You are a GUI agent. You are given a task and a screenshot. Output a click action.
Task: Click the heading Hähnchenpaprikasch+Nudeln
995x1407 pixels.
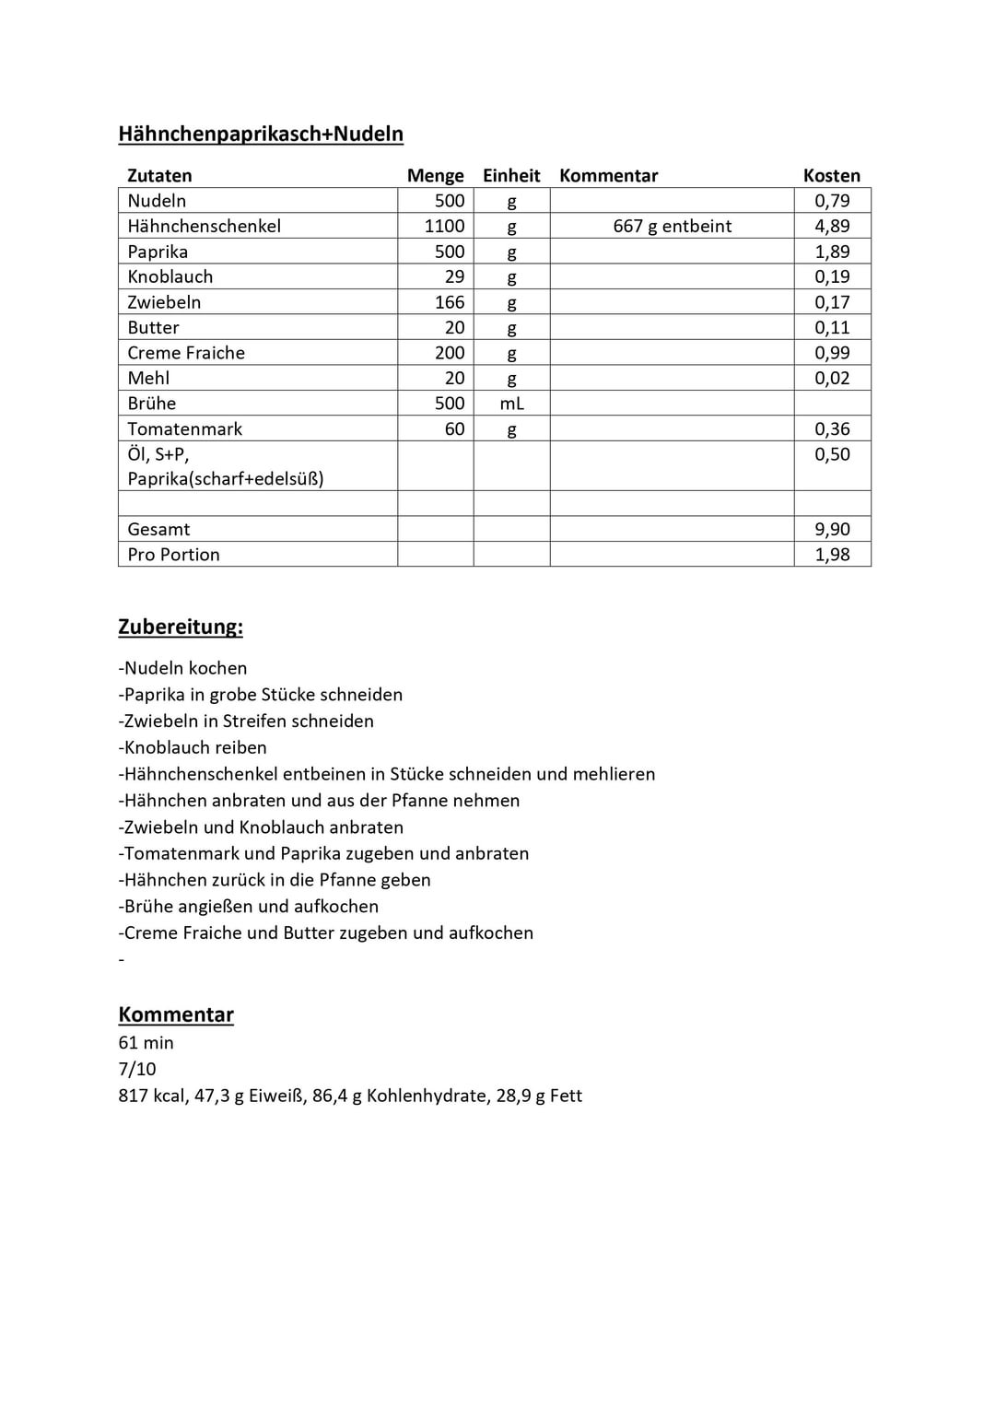261,135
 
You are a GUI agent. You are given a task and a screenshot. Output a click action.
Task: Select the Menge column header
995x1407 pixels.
435,176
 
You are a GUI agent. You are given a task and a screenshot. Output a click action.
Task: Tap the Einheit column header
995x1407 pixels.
511,176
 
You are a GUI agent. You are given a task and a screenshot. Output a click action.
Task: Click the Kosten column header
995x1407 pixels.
831,176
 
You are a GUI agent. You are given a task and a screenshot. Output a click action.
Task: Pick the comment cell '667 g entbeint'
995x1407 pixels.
672,227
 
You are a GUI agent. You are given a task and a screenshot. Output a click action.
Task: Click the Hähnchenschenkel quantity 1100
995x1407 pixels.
444,227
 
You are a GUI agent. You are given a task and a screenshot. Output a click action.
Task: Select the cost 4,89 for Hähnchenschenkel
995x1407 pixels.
831,227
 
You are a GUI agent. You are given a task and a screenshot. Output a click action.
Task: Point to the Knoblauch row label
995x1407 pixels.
170,277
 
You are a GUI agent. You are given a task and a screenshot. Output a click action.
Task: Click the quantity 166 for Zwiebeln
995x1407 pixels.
450,302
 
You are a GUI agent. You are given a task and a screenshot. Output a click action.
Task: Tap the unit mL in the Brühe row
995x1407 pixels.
511,404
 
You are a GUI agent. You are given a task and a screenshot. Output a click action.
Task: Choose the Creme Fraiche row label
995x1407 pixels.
186,353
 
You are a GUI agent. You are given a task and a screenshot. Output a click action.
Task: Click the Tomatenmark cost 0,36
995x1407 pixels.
831,429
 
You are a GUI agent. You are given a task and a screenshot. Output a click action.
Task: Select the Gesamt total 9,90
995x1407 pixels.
831,530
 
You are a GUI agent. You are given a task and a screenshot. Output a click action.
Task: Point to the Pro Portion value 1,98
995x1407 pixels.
831,555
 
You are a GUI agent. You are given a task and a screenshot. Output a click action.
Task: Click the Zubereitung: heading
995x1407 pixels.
181,627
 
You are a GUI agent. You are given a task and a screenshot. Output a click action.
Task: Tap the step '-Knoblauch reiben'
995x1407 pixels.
193,748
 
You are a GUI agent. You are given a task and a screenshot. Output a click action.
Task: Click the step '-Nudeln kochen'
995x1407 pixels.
182,669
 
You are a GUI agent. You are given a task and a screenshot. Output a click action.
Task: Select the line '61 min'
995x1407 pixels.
146,1043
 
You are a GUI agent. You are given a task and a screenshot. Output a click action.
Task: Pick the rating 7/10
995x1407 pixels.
137,1070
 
